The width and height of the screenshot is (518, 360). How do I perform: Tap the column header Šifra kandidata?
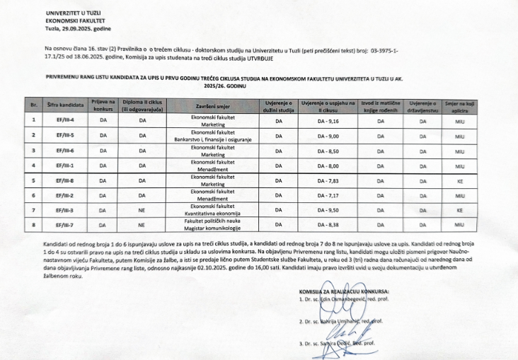click(66, 105)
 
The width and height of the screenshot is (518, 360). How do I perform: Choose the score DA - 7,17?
click(328, 195)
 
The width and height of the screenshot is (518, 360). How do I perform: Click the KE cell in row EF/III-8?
click(459, 180)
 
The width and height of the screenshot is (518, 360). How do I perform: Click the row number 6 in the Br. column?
click(33, 195)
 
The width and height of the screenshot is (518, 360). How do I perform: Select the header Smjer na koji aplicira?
click(459, 105)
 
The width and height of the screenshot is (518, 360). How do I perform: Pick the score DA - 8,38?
click(328, 226)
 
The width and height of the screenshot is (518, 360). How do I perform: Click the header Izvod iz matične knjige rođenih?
click(380, 105)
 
